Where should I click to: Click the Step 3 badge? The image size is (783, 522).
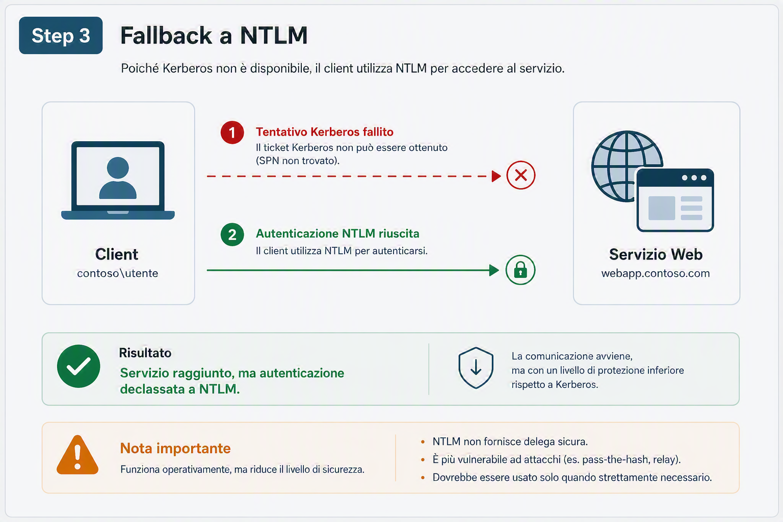coord(61,35)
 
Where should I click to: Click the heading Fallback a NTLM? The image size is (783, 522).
coord(214,35)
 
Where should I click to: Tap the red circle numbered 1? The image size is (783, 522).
coord(232,133)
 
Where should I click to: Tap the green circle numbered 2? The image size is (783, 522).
coord(232,234)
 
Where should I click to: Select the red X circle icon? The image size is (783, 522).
coord(521,175)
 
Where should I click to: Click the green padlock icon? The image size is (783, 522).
coord(520,270)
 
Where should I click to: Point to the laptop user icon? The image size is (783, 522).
coord(118,180)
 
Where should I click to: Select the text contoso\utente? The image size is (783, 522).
coord(117,273)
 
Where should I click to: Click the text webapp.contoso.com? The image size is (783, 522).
coord(656,273)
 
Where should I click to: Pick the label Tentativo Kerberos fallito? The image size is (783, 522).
coord(324,132)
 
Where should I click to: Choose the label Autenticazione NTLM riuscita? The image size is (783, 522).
coord(337,233)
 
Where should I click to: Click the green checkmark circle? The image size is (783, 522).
coord(79,366)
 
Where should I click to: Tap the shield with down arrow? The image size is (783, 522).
coord(476,368)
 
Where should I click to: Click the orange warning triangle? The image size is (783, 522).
coord(77,455)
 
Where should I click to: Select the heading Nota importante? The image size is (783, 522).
coord(175,448)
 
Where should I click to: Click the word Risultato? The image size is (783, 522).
coord(145,353)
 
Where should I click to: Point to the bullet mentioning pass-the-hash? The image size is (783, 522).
coord(557,459)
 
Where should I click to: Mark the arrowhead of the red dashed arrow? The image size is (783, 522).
coord(497,176)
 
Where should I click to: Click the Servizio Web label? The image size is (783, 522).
coord(656,254)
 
